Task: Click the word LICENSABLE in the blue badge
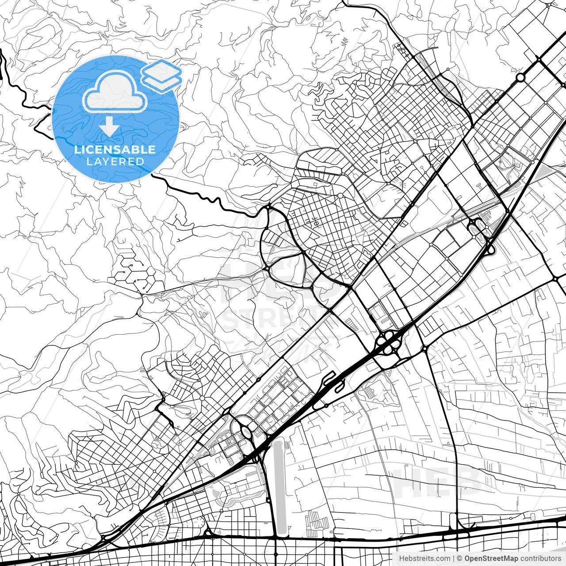point(115,149)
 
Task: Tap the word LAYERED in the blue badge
point(115,161)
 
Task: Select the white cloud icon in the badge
point(115,92)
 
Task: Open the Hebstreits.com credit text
point(424,558)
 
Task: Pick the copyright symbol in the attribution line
point(459,558)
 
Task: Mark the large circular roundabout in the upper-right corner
point(520,77)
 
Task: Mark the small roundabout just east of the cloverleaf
point(425,349)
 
